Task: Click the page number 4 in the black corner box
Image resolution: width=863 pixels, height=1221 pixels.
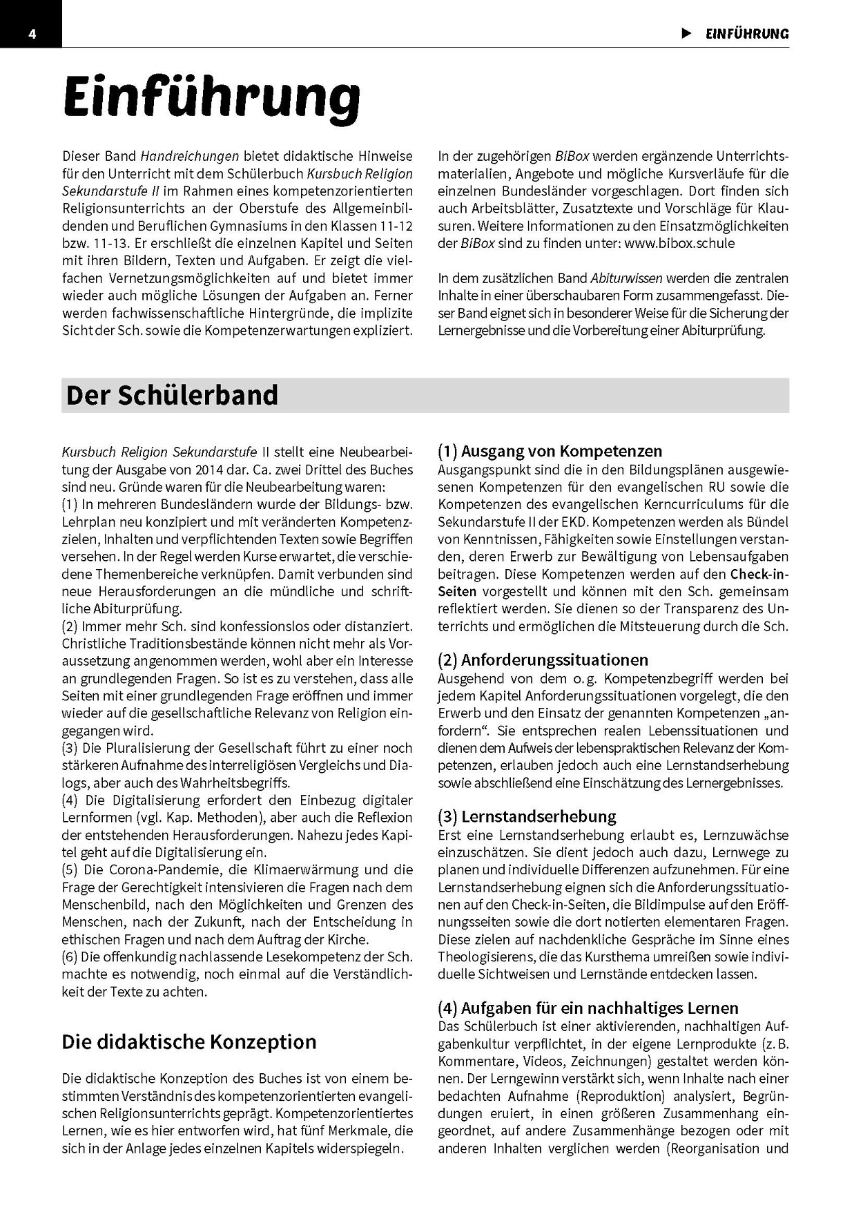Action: click(x=32, y=35)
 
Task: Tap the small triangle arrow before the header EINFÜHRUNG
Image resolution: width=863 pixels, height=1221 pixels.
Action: click(x=686, y=33)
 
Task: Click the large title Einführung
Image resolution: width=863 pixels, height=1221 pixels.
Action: click(x=211, y=98)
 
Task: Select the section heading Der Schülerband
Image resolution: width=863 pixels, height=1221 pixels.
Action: click(x=172, y=395)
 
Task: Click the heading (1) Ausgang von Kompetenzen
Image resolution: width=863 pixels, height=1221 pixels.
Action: click(x=550, y=452)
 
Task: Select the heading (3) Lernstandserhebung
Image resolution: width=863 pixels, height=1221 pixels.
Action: click(x=527, y=816)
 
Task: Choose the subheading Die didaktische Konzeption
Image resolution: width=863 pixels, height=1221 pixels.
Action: click(x=188, y=1041)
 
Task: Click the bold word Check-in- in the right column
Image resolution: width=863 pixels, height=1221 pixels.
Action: click(x=759, y=574)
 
